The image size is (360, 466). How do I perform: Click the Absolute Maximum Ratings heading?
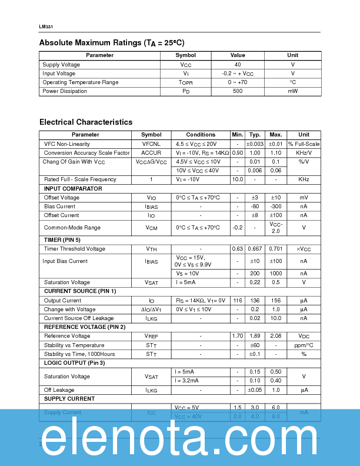pos(111,43)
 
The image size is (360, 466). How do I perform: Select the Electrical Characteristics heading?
pos(86,122)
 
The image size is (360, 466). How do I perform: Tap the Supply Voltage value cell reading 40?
pos(238,65)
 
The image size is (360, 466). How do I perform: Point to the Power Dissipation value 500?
pos(238,91)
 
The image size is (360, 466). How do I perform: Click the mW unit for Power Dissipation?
pos(292,91)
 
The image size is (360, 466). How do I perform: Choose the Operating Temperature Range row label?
pos(80,82)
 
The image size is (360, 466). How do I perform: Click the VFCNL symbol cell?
pos(151,144)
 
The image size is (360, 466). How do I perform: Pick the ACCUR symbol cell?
pos(151,153)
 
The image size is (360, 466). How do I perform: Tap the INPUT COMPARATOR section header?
pos(73,189)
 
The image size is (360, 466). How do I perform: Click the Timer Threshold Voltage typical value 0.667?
pos(255,249)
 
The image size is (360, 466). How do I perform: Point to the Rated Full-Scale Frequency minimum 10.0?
pos(237,179)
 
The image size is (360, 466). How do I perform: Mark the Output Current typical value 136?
pos(255,301)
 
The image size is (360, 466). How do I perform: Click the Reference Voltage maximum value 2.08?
pos(275,337)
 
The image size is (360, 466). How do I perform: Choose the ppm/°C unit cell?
pos(304,345)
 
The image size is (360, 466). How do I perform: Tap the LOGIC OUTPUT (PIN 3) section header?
pos(75,363)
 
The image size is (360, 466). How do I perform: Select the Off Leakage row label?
pos(59,390)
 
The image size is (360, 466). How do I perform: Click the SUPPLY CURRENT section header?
pos(69,399)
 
